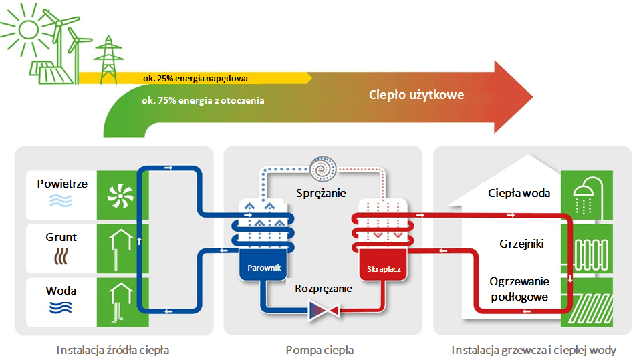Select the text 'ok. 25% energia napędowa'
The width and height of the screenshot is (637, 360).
195,78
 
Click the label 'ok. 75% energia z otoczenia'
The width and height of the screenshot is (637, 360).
203,100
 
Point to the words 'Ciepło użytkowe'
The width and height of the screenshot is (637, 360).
416,95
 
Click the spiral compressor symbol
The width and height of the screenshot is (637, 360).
323,168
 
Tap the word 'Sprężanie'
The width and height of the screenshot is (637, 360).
321,193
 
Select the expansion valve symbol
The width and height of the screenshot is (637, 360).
324,311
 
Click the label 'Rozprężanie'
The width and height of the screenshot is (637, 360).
324,289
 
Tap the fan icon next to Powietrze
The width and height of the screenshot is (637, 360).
120,196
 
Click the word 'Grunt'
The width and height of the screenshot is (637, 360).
61,237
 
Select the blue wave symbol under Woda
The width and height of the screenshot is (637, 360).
61,307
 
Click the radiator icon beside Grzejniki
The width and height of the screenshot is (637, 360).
592,255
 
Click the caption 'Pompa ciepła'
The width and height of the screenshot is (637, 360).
320,350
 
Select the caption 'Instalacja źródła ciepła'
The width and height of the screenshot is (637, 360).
112,350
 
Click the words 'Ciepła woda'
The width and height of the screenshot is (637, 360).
519,193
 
